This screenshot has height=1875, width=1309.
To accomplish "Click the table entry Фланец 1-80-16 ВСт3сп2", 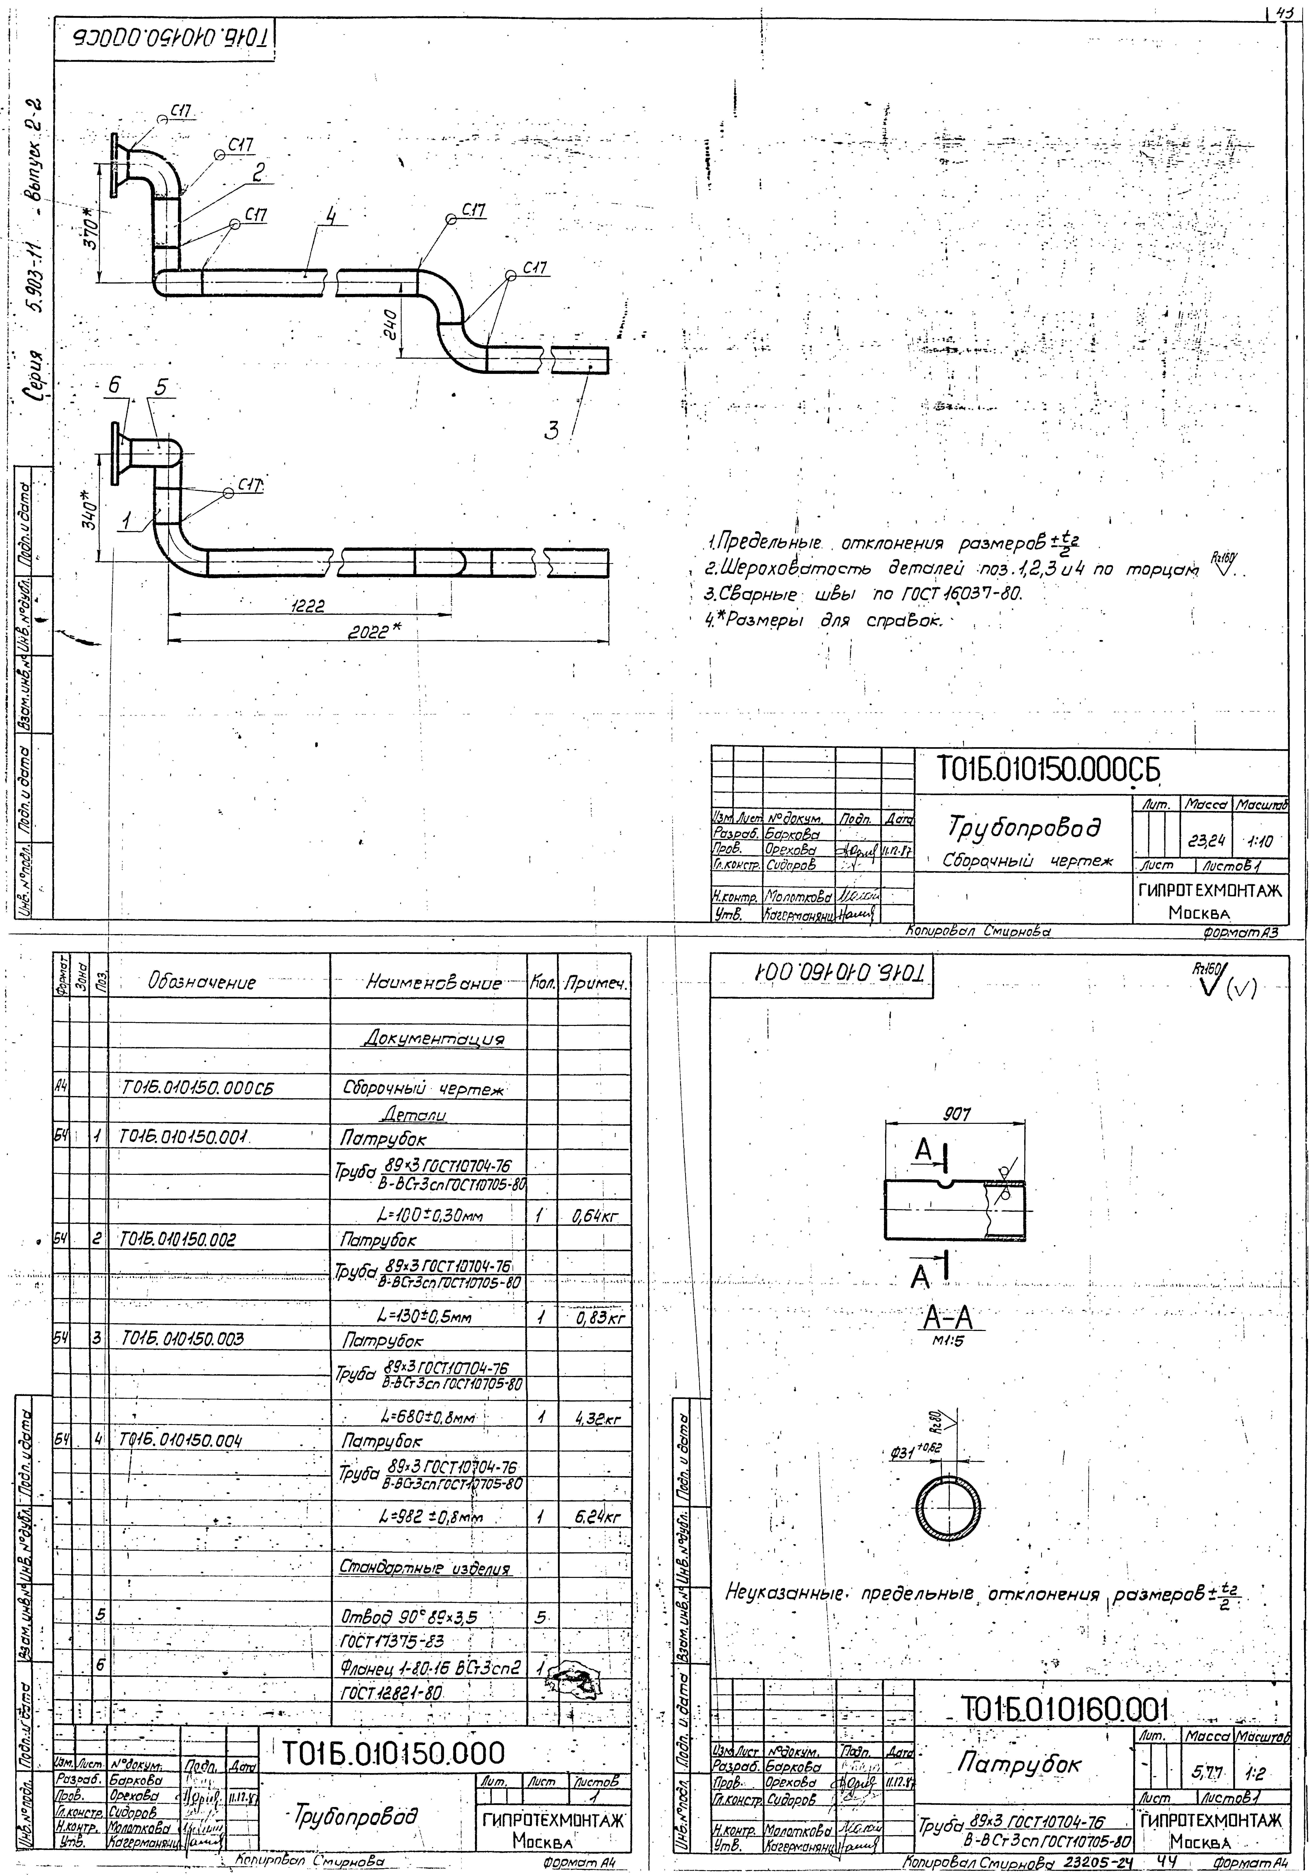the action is click(430, 1666).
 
